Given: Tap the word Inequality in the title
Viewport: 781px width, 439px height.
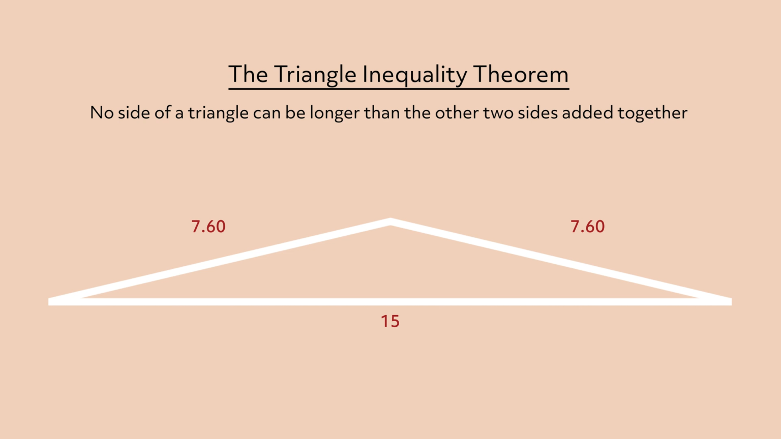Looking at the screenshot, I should (x=414, y=75).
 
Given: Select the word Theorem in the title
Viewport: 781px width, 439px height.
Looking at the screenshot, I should (x=521, y=75).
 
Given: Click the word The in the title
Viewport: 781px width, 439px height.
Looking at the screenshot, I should (x=248, y=75).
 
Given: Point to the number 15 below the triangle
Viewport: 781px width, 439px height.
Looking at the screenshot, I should (x=390, y=321).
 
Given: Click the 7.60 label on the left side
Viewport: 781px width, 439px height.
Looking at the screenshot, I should (x=208, y=227).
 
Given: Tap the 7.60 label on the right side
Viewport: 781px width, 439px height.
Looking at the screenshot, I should (x=588, y=227).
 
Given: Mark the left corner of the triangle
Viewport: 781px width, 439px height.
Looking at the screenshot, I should (x=51, y=301).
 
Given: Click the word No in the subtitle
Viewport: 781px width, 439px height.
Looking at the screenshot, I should (x=102, y=113).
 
